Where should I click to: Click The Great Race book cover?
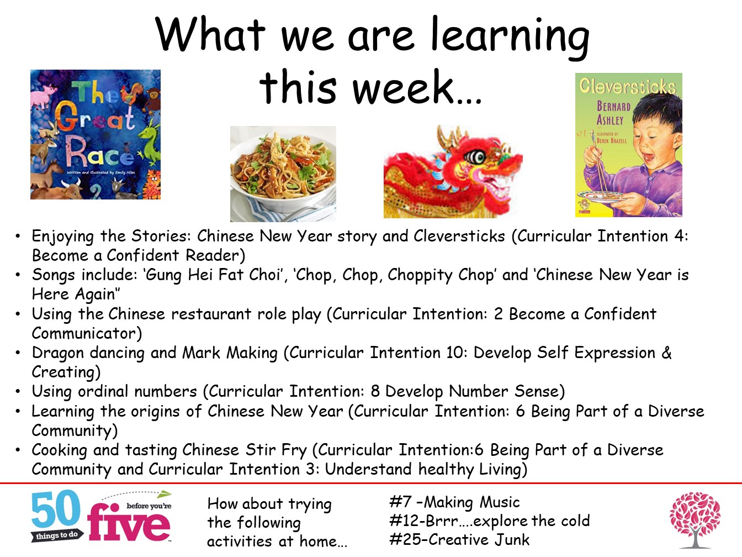[x=96, y=134]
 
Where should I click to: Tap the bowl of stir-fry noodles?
[x=283, y=172]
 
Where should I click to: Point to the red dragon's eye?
[x=474, y=156]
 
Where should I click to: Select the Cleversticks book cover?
[x=629, y=145]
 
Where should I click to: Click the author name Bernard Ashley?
[x=613, y=113]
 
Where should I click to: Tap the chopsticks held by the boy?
[x=599, y=166]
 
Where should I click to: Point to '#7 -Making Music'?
[x=454, y=502]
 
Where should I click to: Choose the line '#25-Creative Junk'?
[x=459, y=539]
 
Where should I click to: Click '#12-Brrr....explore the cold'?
[x=489, y=521]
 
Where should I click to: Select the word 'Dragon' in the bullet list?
[x=58, y=353]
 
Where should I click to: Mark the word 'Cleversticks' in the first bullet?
[x=459, y=236]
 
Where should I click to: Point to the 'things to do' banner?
[x=57, y=535]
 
